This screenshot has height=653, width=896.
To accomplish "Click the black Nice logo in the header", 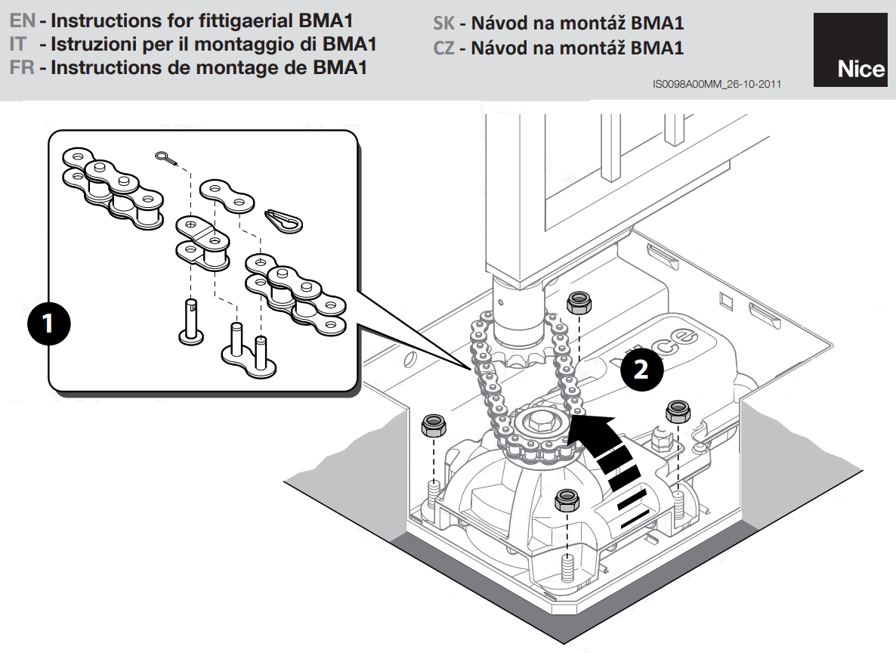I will pos(850,50).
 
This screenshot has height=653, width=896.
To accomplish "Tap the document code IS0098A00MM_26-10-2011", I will pos(717,86).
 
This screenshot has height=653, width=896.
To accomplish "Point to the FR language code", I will pos(23,67).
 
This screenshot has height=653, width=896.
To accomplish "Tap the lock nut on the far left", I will pos(434,426).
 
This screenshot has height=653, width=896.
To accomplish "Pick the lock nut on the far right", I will pos(678,413).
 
